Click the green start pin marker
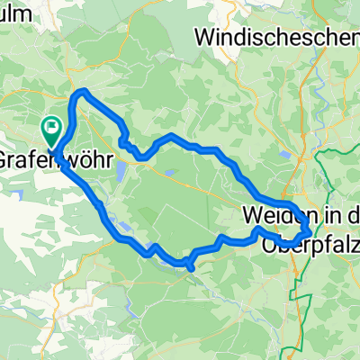[53, 134]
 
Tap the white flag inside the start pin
[53, 130]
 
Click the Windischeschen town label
[275, 37]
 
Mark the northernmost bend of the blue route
[83, 92]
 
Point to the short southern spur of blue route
[192, 267]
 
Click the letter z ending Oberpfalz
[353, 241]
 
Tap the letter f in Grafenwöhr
[41, 158]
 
